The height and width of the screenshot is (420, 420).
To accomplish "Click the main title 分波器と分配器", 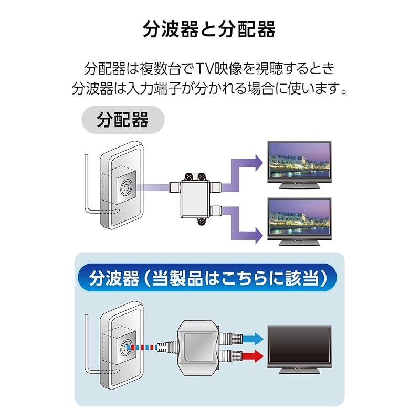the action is [x=209, y=29].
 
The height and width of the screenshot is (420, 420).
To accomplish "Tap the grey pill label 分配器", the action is [x=123, y=120].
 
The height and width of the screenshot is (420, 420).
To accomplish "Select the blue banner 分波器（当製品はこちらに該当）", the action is [x=207, y=278].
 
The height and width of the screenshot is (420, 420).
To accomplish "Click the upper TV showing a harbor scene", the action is [x=299, y=165].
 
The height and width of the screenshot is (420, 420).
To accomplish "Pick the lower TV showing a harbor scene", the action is [x=299, y=222].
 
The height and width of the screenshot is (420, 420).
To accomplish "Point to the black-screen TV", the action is [x=299, y=350].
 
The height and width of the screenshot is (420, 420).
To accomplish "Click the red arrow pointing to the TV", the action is [x=253, y=356].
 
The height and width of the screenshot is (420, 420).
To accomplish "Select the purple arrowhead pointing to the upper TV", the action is [x=259, y=163].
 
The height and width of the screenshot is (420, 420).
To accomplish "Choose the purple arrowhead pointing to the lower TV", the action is [x=259, y=236].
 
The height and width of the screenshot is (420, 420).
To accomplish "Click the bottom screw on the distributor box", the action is [x=202, y=222].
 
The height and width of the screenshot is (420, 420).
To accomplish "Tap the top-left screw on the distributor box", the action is [x=189, y=176].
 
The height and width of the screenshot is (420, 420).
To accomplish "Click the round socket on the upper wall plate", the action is [x=125, y=187].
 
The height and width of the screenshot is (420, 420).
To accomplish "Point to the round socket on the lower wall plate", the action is [x=125, y=348].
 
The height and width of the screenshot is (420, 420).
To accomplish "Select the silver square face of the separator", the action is [x=198, y=348].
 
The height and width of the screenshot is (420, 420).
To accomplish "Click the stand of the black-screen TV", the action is [x=299, y=370].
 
